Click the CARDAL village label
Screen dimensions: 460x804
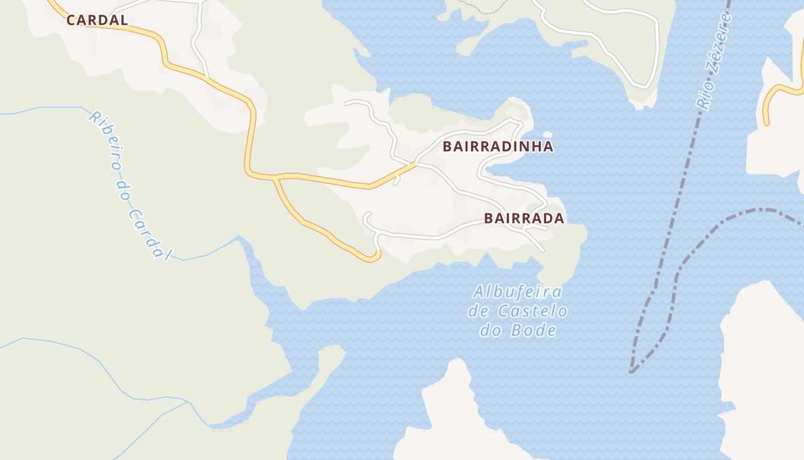coord(97,20)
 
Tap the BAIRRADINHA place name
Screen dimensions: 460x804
coord(498,147)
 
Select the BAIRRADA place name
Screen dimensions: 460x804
coord(524,218)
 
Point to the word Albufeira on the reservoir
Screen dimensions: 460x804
coord(517,292)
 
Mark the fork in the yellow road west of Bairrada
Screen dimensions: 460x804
coord(276,178)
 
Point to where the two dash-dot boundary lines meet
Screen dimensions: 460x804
coord(632,371)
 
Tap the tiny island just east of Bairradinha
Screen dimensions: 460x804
coord(547,135)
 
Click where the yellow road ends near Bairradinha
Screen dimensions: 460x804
coord(416,164)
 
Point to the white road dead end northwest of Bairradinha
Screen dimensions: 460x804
coord(346,103)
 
